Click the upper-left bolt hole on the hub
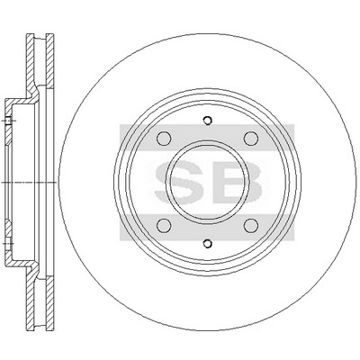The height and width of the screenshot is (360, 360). pos(164,139)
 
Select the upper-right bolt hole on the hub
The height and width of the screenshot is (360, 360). pos(251,139)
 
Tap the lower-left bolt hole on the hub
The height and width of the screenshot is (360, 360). pos(164,226)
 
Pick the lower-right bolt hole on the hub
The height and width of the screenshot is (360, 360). pos(251,226)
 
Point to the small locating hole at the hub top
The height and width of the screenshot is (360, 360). pos(207,121)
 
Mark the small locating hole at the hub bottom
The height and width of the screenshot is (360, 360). pos(207,244)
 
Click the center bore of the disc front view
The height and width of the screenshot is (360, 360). pos(207,182)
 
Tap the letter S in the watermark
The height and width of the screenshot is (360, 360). pos(179,182)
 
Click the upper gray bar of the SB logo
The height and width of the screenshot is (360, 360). pos(207,132)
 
